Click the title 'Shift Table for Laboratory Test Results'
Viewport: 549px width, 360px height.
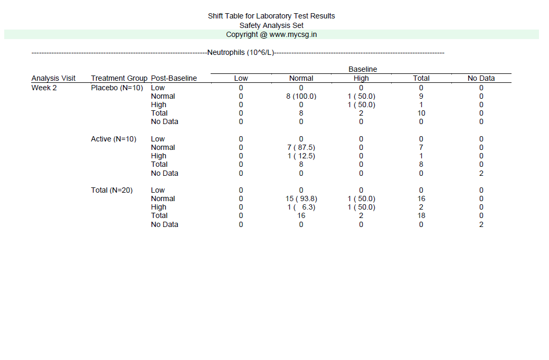click(271, 16)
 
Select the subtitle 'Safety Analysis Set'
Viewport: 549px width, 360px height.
click(271, 25)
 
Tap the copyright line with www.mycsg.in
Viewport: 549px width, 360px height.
click(271, 34)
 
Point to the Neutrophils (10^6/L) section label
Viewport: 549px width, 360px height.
click(241, 52)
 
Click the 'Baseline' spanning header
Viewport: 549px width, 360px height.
click(363, 69)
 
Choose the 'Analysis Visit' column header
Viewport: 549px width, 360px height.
click(53, 78)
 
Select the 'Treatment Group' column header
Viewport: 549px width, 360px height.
click(119, 78)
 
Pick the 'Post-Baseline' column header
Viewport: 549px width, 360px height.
click(174, 78)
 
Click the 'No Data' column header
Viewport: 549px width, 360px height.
click(481, 78)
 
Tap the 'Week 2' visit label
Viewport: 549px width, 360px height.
click(44, 88)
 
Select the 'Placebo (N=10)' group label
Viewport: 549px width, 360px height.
click(117, 88)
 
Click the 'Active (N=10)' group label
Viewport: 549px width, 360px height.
click(113, 139)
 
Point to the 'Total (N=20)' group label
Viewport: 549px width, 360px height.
click(112, 190)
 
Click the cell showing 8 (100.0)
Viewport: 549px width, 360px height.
click(301, 96)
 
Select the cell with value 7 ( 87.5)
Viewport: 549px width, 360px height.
click(301, 147)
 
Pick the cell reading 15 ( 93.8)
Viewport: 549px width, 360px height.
click(301, 198)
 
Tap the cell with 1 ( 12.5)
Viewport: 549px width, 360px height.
click(301, 156)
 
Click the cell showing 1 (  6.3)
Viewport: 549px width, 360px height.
click(301, 207)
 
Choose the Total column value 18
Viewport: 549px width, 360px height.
click(421, 215)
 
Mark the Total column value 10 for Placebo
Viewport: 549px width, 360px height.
click(421, 113)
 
